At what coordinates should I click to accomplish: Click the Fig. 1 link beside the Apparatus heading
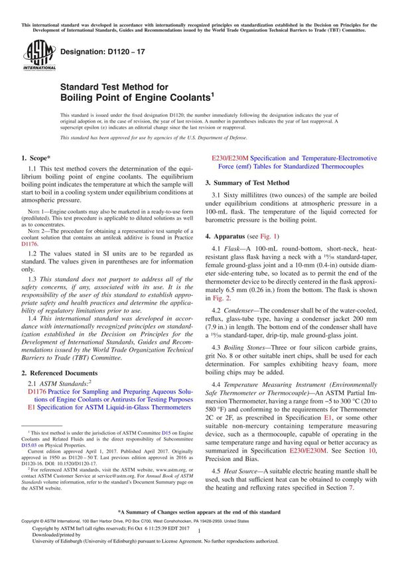(269, 236)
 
